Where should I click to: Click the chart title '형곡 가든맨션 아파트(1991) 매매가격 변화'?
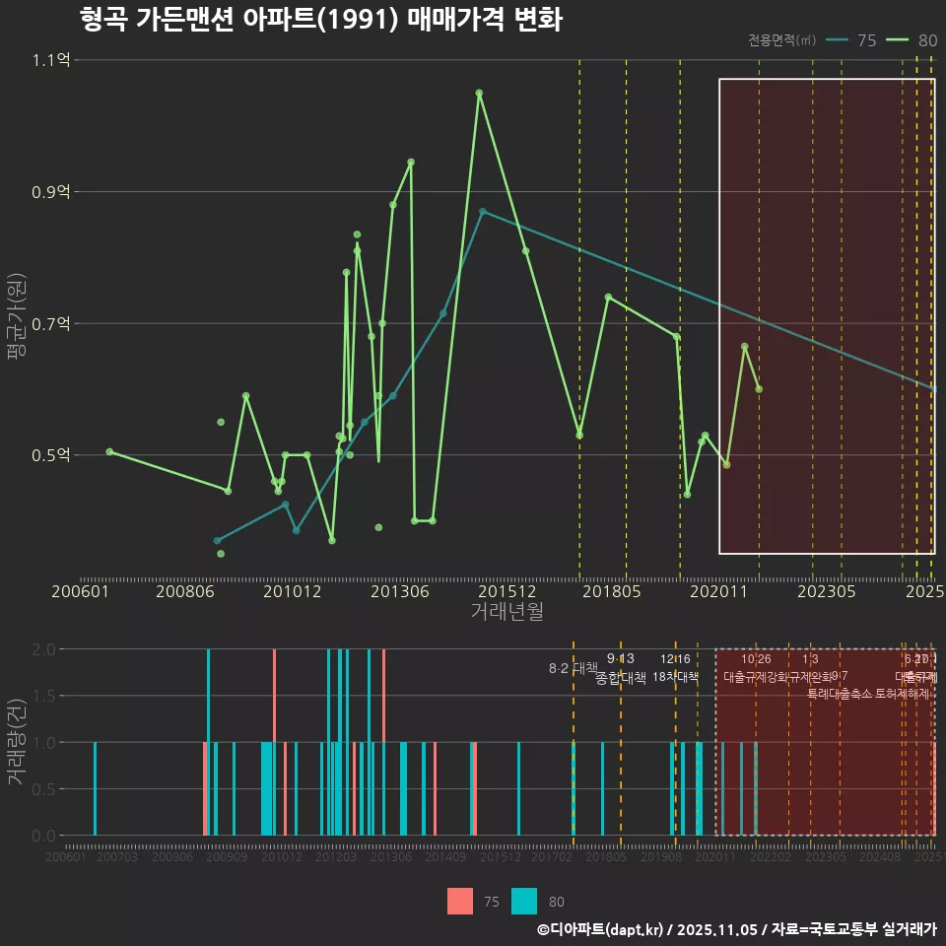click(320, 20)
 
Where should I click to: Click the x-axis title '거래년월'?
click(507, 612)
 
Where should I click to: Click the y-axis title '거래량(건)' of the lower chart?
click(16, 741)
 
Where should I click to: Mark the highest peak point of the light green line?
click(479, 94)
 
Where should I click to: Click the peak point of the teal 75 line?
click(482, 211)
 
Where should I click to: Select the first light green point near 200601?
click(109, 451)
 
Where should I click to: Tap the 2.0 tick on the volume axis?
click(43, 649)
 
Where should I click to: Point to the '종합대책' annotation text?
click(621, 678)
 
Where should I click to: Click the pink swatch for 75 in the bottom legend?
click(460, 901)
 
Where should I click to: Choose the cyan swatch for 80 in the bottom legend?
click(525, 901)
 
